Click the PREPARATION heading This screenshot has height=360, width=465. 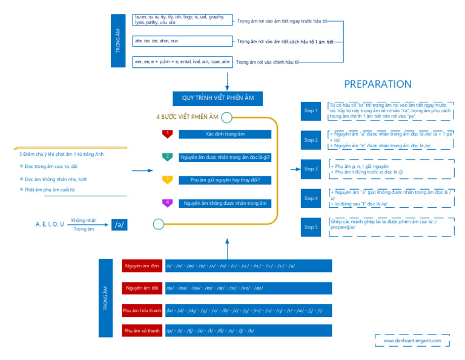pyautogui.click(x=378, y=84)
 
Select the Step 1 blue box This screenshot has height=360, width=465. pyautogui.click(x=311, y=111)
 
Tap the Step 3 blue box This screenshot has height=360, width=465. pyautogui.click(x=311, y=169)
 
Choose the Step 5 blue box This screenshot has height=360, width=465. pyautogui.click(x=311, y=227)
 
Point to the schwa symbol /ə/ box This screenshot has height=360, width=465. pyautogui.click(x=120, y=224)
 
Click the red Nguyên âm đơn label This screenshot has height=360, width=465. pyautogui.click(x=142, y=266)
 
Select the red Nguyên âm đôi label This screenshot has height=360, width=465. pyautogui.click(x=142, y=288)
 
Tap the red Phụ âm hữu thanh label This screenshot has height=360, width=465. pyautogui.click(x=142, y=310)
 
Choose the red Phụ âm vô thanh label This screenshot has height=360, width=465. pyautogui.click(x=142, y=331)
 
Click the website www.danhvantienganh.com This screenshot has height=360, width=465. pyautogui.click(x=412, y=341)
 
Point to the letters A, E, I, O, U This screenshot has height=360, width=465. pyautogui.click(x=50, y=224)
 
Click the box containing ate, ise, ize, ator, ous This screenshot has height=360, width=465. pyautogui.click(x=182, y=41)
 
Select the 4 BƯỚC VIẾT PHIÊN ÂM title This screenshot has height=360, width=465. pyautogui.click(x=187, y=117)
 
